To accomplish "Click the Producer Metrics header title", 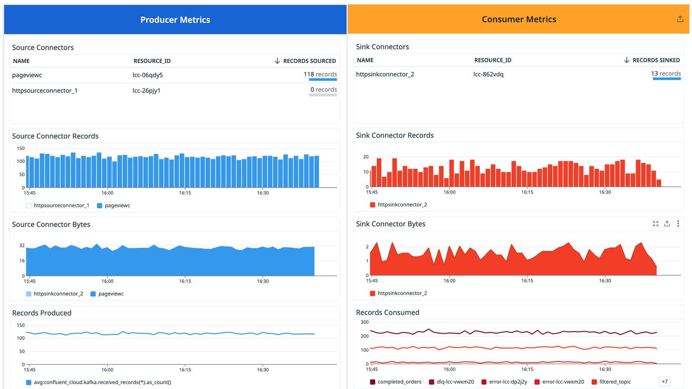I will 175,20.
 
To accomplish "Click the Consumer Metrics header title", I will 519,19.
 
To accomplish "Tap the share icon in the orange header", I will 680,19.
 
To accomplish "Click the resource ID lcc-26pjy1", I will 146,91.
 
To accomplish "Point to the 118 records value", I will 320,74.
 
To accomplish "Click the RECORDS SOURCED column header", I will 309,61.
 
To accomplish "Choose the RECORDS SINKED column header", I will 656,60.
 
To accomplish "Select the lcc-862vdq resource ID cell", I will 488,74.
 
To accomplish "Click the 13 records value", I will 666,73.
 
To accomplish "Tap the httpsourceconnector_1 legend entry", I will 61,205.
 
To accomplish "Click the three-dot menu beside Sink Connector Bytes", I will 678,224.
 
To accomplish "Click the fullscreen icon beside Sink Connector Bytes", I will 655,224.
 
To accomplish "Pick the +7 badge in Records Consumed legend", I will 665,382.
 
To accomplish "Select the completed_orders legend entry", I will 399,382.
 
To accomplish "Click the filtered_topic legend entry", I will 615,382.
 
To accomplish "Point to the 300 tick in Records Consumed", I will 364,322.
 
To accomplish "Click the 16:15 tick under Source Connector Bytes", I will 185,281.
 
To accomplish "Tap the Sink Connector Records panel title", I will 394,135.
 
